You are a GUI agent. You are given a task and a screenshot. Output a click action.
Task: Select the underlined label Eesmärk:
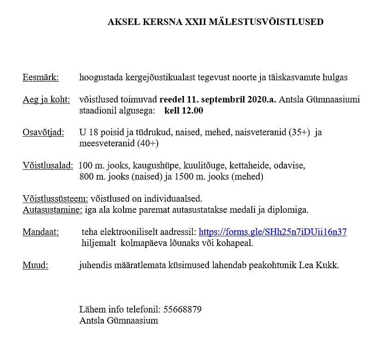point(41,78)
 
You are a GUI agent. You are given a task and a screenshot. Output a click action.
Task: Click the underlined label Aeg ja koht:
point(46,100)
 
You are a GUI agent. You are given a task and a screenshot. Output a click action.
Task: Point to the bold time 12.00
point(192,111)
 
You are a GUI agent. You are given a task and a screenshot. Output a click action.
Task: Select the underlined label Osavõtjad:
point(44,132)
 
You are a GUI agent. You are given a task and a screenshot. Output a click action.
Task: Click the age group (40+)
point(148,144)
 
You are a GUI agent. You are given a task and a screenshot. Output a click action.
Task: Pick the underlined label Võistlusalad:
point(48,165)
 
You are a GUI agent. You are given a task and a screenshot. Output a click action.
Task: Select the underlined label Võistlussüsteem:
point(55,199)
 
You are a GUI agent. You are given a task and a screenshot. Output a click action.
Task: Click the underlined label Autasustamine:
point(53,210)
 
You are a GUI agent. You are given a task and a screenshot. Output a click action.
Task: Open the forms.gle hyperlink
point(272,232)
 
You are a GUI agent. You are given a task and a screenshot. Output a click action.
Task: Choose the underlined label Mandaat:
point(41,232)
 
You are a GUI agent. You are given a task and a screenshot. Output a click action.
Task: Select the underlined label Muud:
point(35,265)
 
